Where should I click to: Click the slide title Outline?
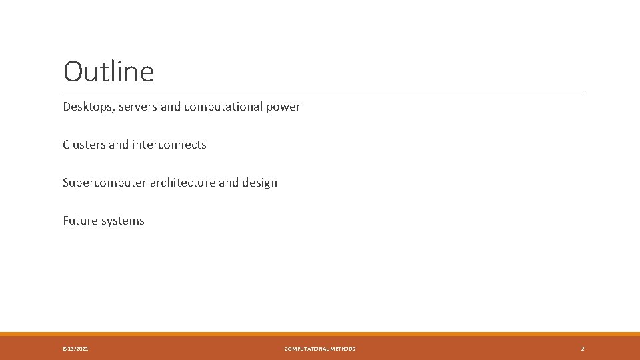click(x=109, y=72)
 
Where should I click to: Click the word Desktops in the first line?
click(x=87, y=107)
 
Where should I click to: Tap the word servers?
click(x=139, y=107)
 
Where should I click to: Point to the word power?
click(x=283, y=107)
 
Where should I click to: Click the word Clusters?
click(x=84, y=145)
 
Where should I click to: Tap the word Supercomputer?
click(x=103, y=183)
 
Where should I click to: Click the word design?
click(x=260, y=183)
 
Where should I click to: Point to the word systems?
click(x=123, y=221)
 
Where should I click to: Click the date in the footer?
click(x=75, y=349)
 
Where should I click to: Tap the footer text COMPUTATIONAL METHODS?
click(x=320, y=349)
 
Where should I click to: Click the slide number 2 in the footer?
click(x=583, y=349)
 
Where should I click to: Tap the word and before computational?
click(x=171, y=107)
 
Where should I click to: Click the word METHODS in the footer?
click(x=343, y=349)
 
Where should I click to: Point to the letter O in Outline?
click(x=74, y=72)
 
